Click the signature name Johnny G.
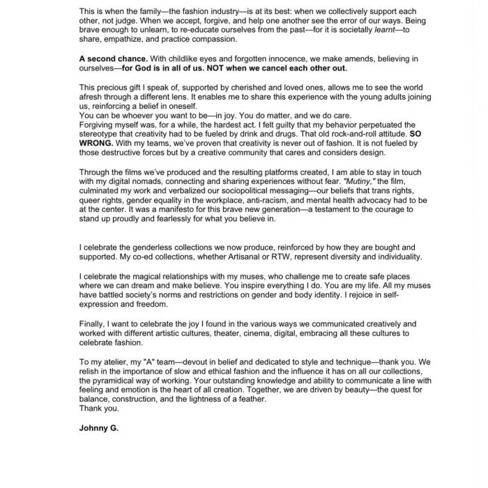(99, 428)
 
